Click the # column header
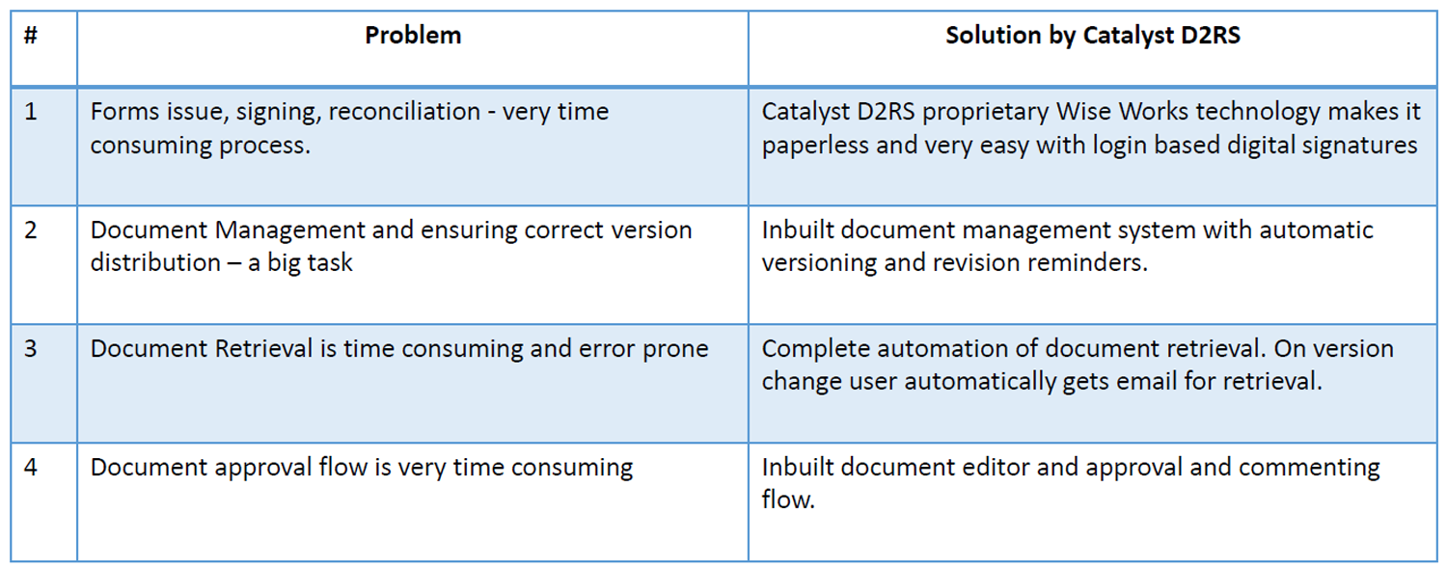coord(30,36)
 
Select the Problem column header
coord(413,36)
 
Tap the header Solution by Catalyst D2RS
coord(1093,36)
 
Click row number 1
coord(30,112)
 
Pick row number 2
coord(30,230)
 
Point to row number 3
coord(30,348)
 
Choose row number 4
coord(30,468)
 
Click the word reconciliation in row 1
coord(404,112)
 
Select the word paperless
coord(815,146)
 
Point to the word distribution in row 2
coord(155,262)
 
